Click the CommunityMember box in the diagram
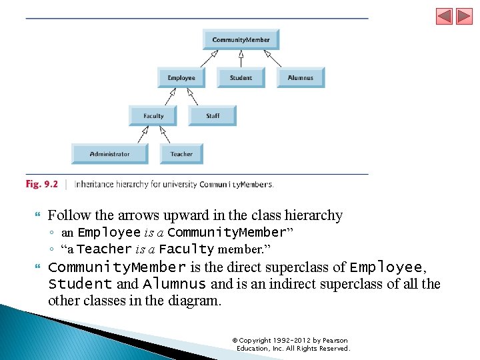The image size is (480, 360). (241, 39)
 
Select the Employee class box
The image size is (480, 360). (181, 77)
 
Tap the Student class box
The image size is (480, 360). (241, 77)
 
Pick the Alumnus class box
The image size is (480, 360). (300, 77)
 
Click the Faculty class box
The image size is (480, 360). (153, 115)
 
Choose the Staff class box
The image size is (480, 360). (213, 115)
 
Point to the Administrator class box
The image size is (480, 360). (110, 153)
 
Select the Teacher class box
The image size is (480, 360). (181, 153)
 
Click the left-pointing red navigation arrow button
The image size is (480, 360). (444, 16)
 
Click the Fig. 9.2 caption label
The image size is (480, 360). (42, 184)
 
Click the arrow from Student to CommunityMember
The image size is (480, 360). (241, 59)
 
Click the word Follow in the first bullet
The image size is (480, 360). (66, 215)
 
